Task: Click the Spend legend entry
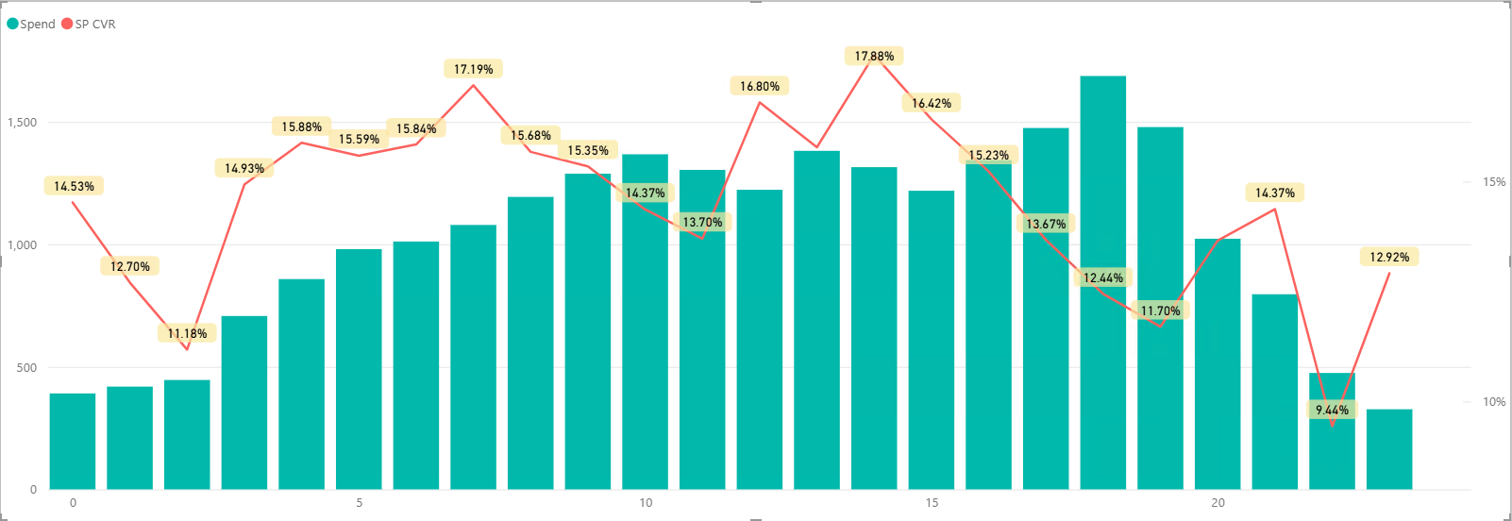click(x=32, y=24)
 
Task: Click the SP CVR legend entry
click(x=90, y=24)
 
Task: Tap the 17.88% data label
click(x=874, y=57)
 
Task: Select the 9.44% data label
click(x=1332, y=410)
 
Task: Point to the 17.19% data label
click(x=473, y=69)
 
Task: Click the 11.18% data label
click(x=187, y=333)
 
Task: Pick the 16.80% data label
click(x=759, y=86)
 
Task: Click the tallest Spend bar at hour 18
click(x=1102, y=283)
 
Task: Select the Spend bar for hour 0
click(x=73, y=441)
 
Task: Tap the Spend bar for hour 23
click(x=1388, y=449)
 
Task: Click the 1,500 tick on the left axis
click(x=22, y=123)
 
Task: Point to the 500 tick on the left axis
click(x=26, y=367)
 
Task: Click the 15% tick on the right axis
click(x=1494, y=182)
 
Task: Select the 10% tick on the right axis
click(x=1494, y=402)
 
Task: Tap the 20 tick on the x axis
click(x=1218, y=503)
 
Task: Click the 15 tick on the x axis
click(x=932, y=503)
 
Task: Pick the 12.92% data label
click(x=1389, y=257)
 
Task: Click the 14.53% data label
click(x=74, y=186)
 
